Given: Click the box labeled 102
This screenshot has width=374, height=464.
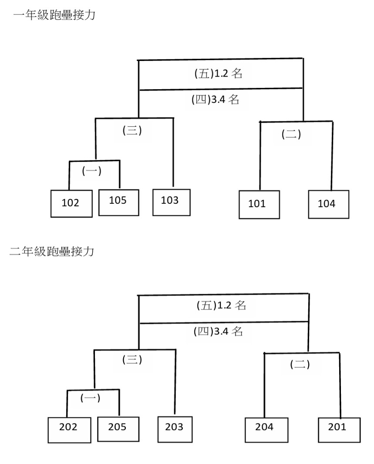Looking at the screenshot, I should [x=71, y=203].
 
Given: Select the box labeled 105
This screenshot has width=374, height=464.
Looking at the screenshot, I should [x=118, y=202].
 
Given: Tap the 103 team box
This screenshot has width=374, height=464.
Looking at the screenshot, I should [x=171, y=202].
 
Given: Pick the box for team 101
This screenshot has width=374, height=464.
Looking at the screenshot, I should [x=259, y=204].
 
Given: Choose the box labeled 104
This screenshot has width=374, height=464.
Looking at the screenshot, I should [x=328, y=204].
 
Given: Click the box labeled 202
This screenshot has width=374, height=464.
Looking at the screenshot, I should [x=69, y=430].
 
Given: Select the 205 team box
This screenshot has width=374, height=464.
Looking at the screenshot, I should [x=118, y=429].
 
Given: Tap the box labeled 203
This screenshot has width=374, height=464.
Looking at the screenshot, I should [x=174, y=429].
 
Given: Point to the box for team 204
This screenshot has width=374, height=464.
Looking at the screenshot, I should [x=266, y=429].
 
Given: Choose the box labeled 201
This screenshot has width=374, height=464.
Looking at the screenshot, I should [x=339, y=429].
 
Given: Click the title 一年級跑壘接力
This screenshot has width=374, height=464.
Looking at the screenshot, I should [x=54, y=16].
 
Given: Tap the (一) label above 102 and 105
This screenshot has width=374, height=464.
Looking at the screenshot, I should [x=91, y=171].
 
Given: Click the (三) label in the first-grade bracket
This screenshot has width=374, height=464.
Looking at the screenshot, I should [x=132, y=131].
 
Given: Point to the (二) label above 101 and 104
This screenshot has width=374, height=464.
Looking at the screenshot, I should [x=291, y=135].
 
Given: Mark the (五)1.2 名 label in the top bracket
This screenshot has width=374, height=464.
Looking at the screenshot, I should [x=218, y=74].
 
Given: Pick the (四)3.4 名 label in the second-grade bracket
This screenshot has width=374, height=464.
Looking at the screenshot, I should [x=218, y=332].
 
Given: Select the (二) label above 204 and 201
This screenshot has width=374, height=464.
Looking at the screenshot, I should [x=300, y=365].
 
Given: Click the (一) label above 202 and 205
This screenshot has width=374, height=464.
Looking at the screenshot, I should [x=90, y=397].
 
